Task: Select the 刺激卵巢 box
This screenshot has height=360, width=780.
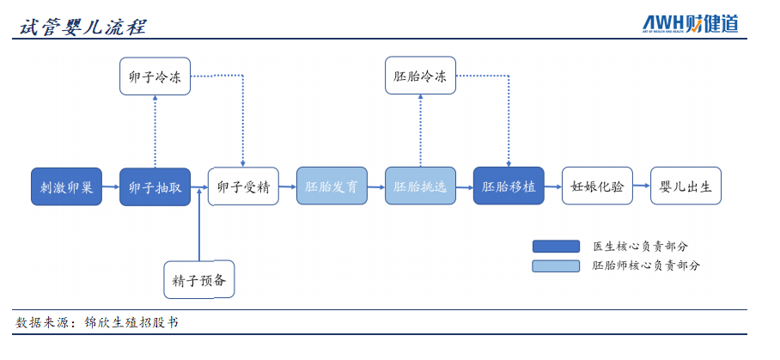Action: (66, 186)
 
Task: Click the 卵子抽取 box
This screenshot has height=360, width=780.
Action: (155, 186)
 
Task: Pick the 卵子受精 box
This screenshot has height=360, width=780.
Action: (243, 186)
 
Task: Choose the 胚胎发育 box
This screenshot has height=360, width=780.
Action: (332, 186)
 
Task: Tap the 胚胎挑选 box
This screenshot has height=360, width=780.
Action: (420, 186)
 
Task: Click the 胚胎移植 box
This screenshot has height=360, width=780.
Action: (509, 186)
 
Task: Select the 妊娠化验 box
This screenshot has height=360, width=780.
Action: (597, 186)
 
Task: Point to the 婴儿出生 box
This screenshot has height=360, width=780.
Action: (685, 186)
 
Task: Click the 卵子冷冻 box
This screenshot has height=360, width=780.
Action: (155, 76)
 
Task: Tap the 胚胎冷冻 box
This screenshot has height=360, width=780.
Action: (420, 76)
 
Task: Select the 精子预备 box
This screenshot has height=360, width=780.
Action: (199, 279)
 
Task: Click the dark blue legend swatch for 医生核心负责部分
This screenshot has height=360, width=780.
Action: (555, 246)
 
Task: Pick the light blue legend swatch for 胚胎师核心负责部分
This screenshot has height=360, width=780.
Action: (555, 265)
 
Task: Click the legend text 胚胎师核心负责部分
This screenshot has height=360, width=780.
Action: (646, 265)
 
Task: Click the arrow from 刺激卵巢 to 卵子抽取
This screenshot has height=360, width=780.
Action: (111, 186)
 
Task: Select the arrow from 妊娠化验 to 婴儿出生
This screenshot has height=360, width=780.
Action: (641, 186)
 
